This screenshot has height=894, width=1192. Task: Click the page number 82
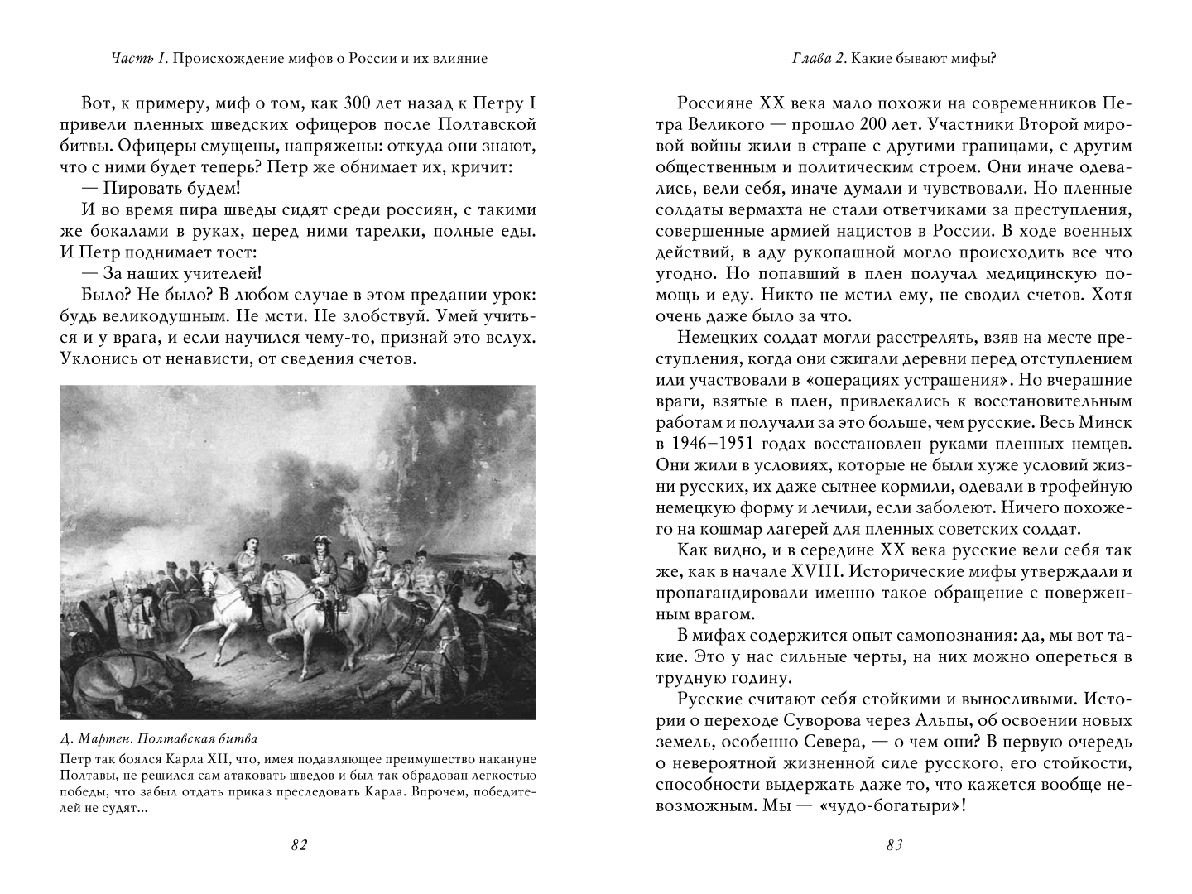(299, 845)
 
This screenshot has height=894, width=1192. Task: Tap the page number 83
(893, 845)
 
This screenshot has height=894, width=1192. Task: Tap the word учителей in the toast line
(225, 274)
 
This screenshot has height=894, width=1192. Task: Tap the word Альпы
(964, 720)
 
